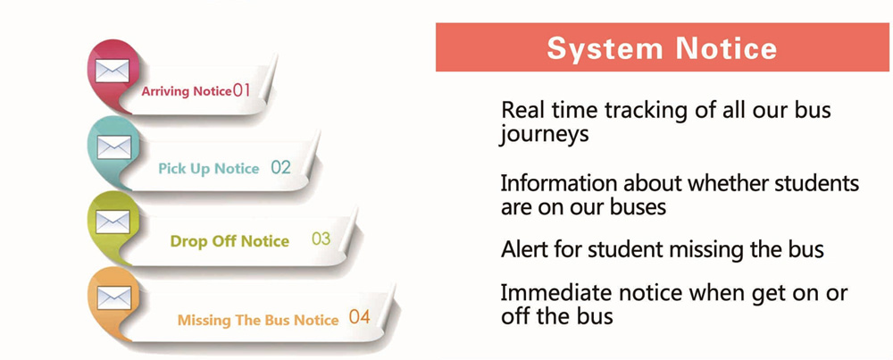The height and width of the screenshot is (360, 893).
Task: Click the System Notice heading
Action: [x=662, y=48]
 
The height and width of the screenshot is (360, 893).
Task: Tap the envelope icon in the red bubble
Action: [x=113, y=71]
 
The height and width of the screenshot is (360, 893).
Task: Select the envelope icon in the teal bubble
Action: [x=114, y=147]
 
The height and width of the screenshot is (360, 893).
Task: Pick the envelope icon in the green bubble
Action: [x=113, y=222]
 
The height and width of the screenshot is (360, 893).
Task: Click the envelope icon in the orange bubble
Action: [x=114, y=297]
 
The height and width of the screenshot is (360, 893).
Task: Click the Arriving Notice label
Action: [x=187, y=91]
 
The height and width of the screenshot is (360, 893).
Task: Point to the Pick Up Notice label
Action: [x=208, y=169]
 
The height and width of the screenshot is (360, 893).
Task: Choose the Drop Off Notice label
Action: [x=230, y=241]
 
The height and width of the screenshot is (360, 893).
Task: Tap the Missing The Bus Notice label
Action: [x=258, y=320]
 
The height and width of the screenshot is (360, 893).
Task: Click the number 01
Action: [x=241, y=90]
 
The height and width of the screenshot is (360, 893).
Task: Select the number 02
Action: [x=280, y=167]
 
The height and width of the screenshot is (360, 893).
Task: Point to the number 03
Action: [x=321, y=239]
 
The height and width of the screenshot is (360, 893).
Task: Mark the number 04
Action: [x=360, y=317]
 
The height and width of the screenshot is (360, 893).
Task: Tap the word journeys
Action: [x=544, y=136]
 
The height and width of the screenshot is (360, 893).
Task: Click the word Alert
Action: [x=525, y=249]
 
